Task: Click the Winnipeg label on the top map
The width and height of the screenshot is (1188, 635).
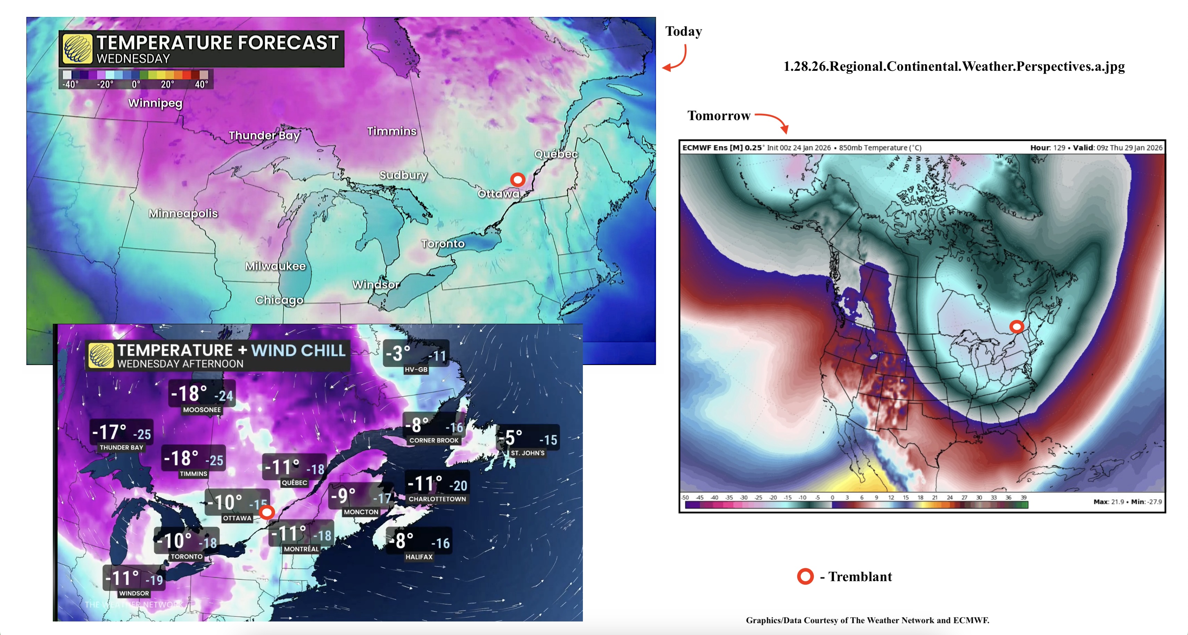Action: coord(155,103)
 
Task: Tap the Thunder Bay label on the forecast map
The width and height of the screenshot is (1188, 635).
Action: coord(264,135)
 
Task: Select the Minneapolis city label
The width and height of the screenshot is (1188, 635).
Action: coord(183,213)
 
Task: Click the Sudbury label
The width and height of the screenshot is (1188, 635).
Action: coord(403,175)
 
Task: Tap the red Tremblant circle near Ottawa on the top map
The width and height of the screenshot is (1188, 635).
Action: coord(518,179)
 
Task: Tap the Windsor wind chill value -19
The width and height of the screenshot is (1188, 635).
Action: coord(155,580)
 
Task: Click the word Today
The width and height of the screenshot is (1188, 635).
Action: coord(683,31)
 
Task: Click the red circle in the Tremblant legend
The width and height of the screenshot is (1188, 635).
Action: coord(805,576)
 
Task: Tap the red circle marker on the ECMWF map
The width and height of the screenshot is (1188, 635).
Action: coord(1016,327)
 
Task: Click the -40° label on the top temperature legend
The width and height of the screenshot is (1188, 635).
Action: coord(70,84)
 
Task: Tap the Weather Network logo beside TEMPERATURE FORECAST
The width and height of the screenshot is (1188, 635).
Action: coord(77,48)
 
